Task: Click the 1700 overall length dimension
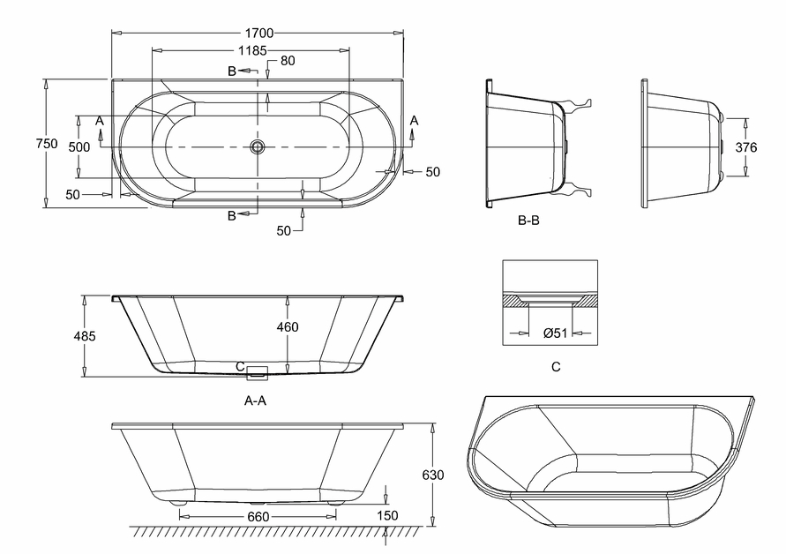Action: point(259,34)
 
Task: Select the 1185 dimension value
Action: point(252,50)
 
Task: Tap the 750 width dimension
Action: point(47,144)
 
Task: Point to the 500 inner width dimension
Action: point(79,147)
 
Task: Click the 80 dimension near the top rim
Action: point(288,61)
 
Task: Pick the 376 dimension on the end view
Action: point(746,147)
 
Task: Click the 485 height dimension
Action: point(84,336)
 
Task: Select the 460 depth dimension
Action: point(288,327)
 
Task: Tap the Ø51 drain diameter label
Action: point(555,333)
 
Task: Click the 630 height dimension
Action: point(432,475)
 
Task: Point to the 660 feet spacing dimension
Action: point(258,516)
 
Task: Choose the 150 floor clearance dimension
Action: point(387,515)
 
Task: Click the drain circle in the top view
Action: point(258,146)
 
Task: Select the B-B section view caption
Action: point(528,220)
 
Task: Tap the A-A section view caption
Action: point(255,401)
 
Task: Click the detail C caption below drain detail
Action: point(556,367)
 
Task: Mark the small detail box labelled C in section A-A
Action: point(258,371)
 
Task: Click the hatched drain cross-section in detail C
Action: point(550,300)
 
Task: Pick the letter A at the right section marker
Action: point(414,120)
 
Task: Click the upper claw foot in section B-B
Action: point(578,105)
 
